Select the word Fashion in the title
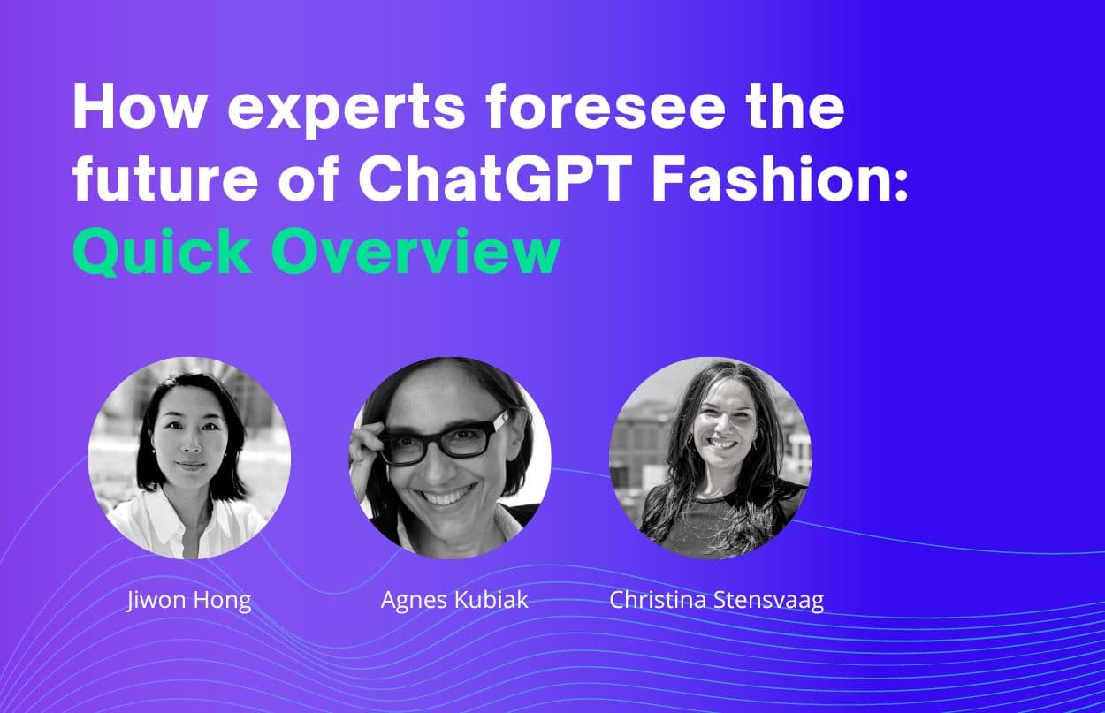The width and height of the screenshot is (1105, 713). [x=767, y=178]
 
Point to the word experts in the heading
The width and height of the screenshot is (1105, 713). [x=347, y=110]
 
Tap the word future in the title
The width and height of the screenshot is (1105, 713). [x=165, y=178]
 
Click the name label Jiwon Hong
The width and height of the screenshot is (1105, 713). [x=189, y=601]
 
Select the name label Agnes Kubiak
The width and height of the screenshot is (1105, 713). [x=454, y=600]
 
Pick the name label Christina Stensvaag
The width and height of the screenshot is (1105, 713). [x=716, y=601]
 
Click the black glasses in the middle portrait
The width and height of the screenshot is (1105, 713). [x=445, y=437]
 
